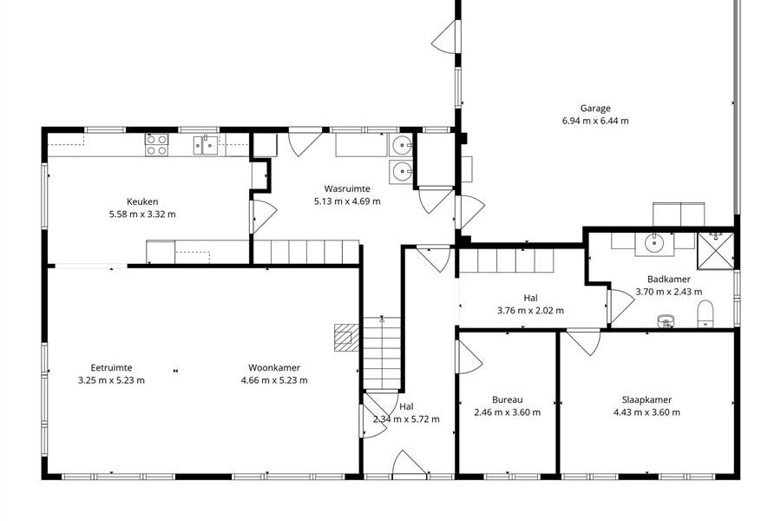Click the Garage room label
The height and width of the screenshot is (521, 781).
595,109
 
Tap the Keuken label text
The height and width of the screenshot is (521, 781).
142,201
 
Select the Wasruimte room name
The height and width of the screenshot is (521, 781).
347,188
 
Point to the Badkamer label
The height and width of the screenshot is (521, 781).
669,280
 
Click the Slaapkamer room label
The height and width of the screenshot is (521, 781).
646,399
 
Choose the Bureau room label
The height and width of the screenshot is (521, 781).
507,399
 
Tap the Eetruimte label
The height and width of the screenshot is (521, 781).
112,367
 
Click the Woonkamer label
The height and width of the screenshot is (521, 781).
274,367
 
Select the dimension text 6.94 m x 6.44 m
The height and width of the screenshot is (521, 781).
595,121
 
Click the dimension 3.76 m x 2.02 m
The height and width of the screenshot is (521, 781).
530,311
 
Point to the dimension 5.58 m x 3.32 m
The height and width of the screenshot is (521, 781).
142,214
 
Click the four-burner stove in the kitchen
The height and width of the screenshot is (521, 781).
156,145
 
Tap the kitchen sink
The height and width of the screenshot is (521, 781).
206,145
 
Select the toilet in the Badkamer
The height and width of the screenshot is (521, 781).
706,314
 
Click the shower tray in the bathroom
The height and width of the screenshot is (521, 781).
715,251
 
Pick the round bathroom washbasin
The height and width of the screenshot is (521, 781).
653,244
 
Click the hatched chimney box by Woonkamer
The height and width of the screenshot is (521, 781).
346,338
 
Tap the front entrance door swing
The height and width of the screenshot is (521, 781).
409,464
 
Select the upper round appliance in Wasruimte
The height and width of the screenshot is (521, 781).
402,146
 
